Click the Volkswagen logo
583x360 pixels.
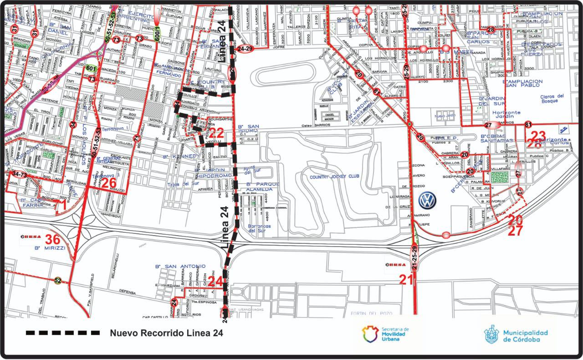tap(427, 200)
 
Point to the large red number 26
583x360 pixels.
tap(109, 183)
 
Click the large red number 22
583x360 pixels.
tap(216, 134)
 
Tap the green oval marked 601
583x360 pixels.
tap(92, 68)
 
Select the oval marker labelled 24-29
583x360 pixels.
tap(245, 48)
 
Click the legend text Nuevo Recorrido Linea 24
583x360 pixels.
tap(166, 333)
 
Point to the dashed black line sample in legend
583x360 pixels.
tap(63, 333)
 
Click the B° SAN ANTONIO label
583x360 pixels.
tap(177, 267)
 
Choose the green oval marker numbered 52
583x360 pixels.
tap(57, 280)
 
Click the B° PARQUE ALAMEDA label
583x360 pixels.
tap(260, 186)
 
